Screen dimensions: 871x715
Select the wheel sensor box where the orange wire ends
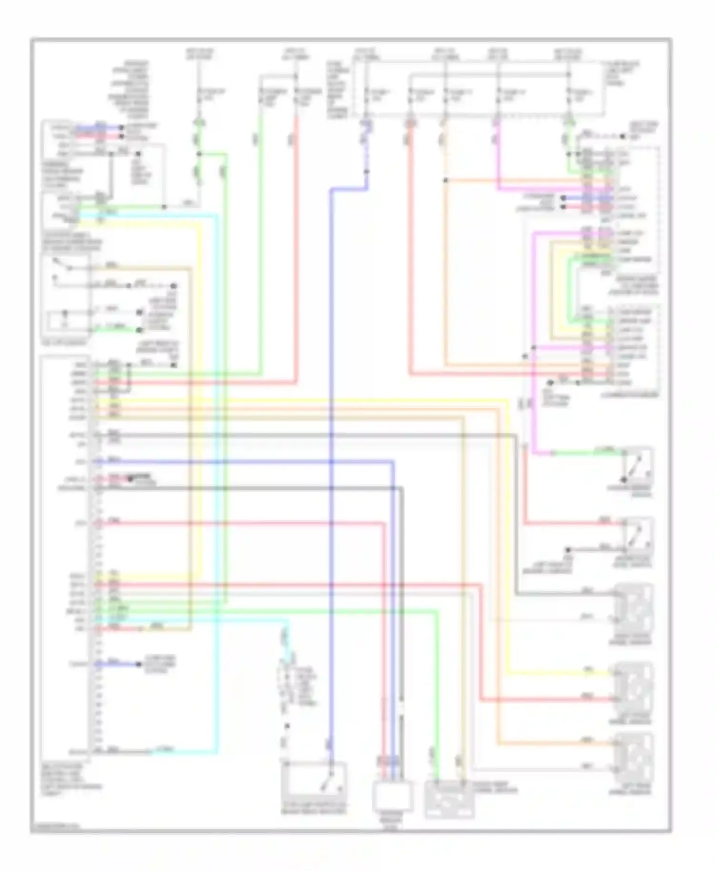634,758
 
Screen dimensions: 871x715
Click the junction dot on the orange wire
445,180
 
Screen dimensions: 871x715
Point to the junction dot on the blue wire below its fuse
367,172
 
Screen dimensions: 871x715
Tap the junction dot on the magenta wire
533,348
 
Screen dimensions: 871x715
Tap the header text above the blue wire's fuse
366,53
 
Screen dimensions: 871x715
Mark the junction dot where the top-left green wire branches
199,154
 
